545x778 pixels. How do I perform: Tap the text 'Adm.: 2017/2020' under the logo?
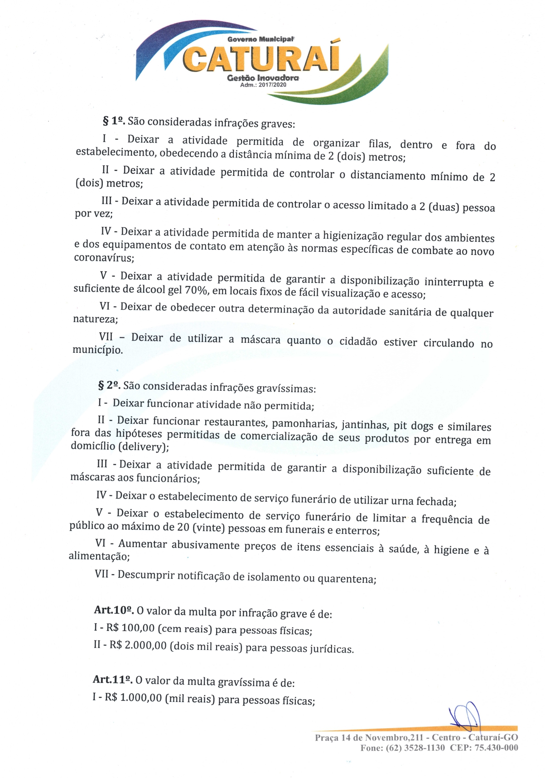point(263,85)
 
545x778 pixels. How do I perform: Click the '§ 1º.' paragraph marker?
point(114,120)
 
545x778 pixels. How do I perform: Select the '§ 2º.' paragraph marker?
point(109,385)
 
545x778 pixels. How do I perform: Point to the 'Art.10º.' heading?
point(113,610)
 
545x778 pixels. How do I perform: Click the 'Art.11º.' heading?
point(112,679)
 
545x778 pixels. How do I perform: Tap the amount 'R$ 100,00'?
point(130,628)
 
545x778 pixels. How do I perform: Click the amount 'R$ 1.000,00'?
point(133,697)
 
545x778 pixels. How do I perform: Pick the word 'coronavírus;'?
point(104,258)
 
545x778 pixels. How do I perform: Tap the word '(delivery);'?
point(143,447)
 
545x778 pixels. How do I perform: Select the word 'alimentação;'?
point(99,556)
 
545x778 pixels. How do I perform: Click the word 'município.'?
point(97,350)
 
